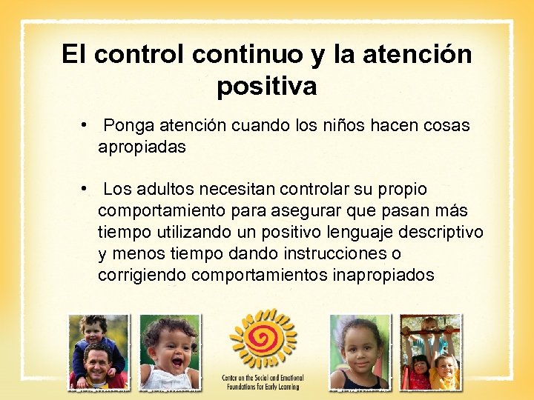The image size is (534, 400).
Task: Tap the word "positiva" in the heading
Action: [266, 87]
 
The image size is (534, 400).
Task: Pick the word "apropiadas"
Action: [142, 147]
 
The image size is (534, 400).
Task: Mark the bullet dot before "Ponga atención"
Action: [87, 125]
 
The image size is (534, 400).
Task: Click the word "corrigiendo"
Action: [142, 276]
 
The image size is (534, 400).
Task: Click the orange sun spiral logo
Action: [263, 339]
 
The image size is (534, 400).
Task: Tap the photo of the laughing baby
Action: [170, 352]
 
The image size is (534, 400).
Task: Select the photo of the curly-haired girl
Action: [359, 352]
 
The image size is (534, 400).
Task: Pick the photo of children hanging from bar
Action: [430, 352]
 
